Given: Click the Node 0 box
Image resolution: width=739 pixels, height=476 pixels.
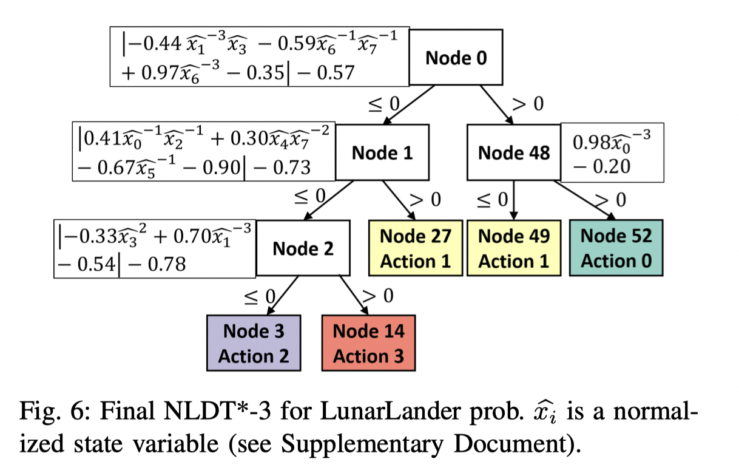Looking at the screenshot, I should point(456,58).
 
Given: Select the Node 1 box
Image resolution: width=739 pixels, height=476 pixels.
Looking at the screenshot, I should point(382,152).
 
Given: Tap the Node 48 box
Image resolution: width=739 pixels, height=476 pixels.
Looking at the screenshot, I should point(514,152).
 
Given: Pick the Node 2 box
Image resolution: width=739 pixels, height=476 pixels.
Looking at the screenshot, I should point(303,248).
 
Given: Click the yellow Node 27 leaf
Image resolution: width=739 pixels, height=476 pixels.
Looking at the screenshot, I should point(416,248).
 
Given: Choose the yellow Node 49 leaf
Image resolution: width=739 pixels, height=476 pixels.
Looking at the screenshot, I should point(514,248).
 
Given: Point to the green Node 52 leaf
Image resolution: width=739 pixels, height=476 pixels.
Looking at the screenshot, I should point(616,248).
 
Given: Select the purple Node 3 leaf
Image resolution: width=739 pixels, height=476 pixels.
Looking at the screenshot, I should point(254,343).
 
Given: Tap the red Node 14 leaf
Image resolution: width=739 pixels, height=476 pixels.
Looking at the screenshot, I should point(368,343).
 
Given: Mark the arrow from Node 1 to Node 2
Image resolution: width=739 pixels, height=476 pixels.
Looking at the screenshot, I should point(328,200).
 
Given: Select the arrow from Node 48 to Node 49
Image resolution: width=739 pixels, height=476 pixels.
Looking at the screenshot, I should point(514,200).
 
